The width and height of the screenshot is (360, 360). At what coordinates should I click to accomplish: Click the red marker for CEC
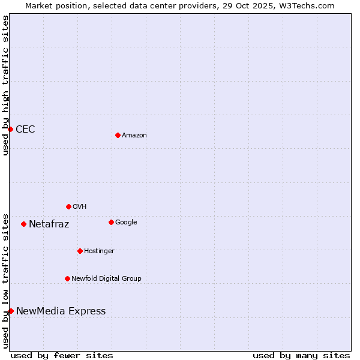(x=10, y=129)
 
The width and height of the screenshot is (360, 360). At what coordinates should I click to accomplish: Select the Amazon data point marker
(x=118, y=135)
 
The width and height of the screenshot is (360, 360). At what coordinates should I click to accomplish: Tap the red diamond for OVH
(x=68, y=206)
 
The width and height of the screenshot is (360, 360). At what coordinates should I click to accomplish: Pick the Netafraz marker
(x=23, y=224)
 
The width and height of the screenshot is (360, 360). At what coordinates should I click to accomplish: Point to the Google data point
(x=111, y=222)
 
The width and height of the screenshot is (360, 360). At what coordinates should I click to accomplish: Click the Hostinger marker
(x=80, y=251)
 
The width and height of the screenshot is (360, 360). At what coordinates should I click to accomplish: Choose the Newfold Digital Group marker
(x=67, y=278)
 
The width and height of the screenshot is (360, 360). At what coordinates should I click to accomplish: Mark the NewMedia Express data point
(x=11, y=311)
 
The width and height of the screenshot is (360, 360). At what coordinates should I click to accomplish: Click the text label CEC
(x=25, y=129)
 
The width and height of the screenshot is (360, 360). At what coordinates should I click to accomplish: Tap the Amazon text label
(x=134, y=135)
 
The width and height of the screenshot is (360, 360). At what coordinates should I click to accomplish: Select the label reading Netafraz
(x=49, y=224)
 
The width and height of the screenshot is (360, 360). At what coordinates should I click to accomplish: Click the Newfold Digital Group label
(x=106, y=278)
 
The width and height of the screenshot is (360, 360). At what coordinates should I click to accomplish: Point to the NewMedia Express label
(x=61, y=311)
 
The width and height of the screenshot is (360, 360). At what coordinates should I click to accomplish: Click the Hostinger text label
(x=99, y=251)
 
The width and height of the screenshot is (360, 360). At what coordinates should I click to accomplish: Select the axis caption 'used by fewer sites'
(x=62, y=355)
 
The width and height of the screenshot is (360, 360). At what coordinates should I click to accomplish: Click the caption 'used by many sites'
(x=301, y=355)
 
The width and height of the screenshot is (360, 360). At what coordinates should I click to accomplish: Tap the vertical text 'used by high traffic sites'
(x=5, y=85)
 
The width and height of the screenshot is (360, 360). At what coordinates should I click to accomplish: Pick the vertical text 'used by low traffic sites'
(x=5, y=280)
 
